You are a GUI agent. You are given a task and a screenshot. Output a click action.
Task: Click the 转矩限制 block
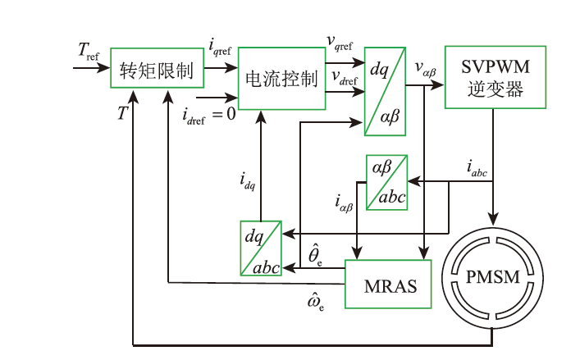(156, 72)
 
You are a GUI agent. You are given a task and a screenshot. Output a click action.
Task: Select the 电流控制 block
(281, 79)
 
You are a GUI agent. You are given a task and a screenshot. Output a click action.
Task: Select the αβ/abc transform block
(387, 182)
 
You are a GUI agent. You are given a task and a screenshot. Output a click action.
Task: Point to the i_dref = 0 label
(209, 113)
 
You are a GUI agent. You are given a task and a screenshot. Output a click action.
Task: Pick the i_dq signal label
(249, 180)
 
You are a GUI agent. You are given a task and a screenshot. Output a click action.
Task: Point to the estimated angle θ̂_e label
(315, 255)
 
